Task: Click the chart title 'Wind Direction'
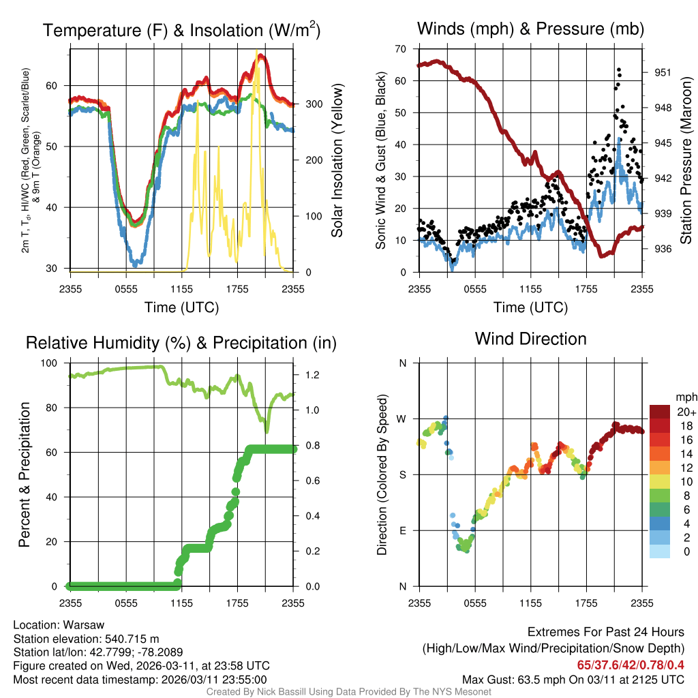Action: click(530, 339)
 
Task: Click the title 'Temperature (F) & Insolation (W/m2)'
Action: click(181, 31)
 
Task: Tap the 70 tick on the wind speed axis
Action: click(401, 49)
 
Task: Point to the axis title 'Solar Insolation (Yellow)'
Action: click(337, 161)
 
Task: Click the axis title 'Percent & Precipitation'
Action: click(24, 474)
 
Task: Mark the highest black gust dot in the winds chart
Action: click(618, 70)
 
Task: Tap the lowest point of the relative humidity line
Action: click(267, 431)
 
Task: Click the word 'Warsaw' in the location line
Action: click(85, 625)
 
